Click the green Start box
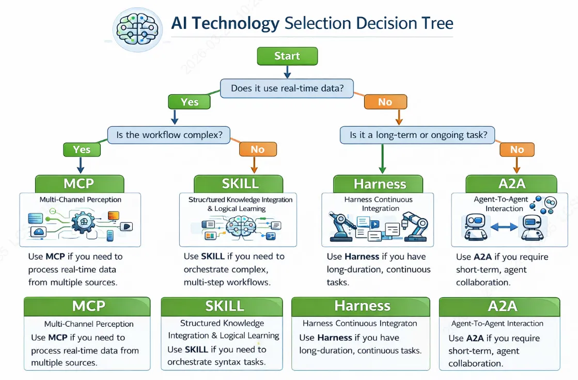point(287,56)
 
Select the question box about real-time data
point(287,88)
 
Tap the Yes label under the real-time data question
point(190,102)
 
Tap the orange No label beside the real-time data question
point(385,102)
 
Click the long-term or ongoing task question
point(417,135)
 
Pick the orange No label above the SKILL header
point(257,149)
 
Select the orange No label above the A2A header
point(517,149)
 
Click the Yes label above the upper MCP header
point(82,149)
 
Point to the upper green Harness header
point(380,184)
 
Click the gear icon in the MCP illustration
point(81,224)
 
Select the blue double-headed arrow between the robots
point(503,226)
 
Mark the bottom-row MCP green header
point(87,306)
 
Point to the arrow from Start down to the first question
point(287,72)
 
